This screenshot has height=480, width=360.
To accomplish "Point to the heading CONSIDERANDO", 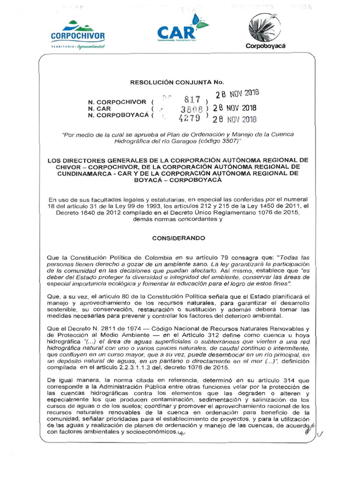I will pyautogui.click(x=179, y=239).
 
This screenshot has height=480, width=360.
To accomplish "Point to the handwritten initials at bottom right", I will pyautogui.click(x=309, y=427).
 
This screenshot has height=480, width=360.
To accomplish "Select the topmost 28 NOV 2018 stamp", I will pyautogui.click(x=237, y=93).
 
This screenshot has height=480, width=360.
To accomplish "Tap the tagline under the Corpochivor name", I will pyautogui.click(x=78, y=47).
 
